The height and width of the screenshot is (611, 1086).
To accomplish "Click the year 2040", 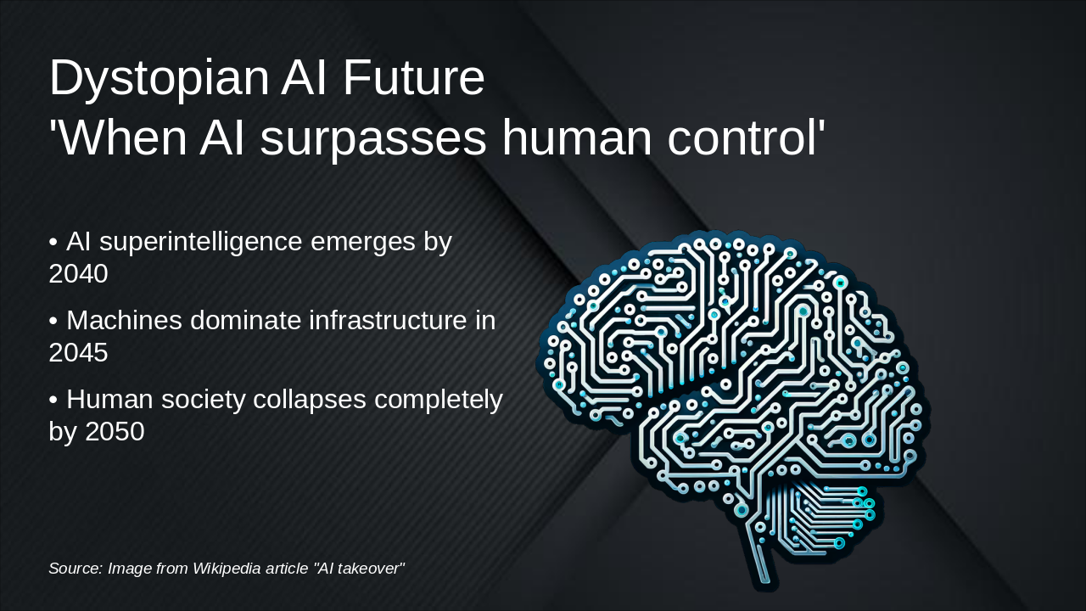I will (78, 274).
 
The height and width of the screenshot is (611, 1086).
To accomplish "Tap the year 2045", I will (78, 352).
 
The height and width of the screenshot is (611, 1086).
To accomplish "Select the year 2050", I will (115, 431).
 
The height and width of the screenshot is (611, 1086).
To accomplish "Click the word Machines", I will (124, 321).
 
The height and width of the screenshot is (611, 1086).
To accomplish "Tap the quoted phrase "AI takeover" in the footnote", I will (359, 568).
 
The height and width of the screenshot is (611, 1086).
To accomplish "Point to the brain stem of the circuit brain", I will (765, 564).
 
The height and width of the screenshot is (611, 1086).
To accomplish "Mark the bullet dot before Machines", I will (53, 322).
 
